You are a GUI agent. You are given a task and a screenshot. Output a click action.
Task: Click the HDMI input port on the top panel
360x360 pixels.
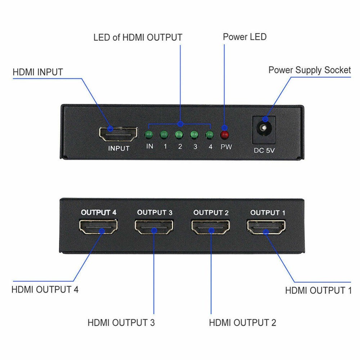click(118, 134)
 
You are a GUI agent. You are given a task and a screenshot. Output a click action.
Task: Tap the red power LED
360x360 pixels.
click(225, 135)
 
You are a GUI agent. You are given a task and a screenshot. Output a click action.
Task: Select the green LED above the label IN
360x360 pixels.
click(149, 135)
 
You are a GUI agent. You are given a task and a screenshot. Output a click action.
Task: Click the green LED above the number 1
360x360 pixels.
click(164, 135)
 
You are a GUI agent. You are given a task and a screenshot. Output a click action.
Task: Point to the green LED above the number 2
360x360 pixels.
click(179, 135)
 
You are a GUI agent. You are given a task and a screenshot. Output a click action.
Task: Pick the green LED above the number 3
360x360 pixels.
click(194, 135)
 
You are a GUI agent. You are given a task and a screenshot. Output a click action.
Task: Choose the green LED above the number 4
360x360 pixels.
click(209, 135)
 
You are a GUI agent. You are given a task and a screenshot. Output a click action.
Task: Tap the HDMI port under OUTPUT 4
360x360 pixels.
click(98, 227)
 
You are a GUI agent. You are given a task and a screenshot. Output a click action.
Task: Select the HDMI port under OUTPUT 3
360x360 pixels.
click(154, 227)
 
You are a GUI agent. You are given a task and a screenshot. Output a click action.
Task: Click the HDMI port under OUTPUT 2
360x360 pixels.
click(210, 227)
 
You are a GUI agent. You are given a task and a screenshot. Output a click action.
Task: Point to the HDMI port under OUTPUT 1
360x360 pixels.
click(266, 227)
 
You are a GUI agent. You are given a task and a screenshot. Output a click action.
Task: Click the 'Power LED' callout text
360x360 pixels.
click(244, 37)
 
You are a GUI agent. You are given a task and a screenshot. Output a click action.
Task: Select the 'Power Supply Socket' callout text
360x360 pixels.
click(309, 70)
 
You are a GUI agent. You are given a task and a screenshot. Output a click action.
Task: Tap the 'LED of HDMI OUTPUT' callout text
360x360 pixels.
click(138, 37)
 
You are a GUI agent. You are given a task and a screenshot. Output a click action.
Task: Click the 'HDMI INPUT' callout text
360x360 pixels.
click(38, 72)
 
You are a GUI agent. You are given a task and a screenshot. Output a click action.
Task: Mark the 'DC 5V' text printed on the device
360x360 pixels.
click(265, 150)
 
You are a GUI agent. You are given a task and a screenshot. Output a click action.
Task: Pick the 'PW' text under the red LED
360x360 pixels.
click(226, 147)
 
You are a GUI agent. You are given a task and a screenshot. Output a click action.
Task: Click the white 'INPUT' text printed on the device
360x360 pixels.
click(118, 148)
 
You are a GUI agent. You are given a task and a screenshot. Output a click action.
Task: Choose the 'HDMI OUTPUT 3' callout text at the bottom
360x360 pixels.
click(121, 323)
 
